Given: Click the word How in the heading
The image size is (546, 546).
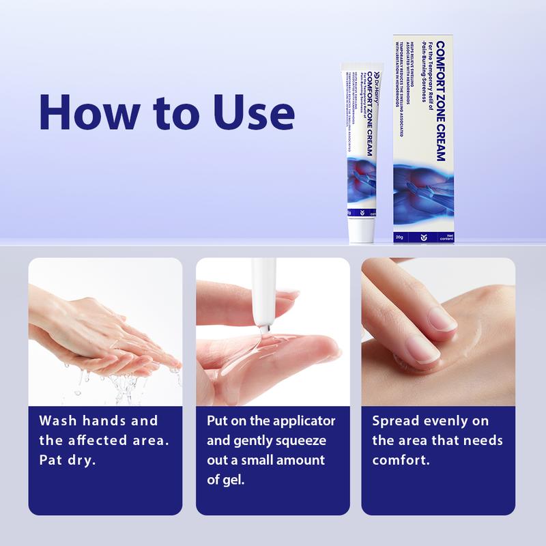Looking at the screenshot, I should (x=80, y=109).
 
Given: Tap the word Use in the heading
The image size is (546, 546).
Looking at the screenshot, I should (x=255, y=109).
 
